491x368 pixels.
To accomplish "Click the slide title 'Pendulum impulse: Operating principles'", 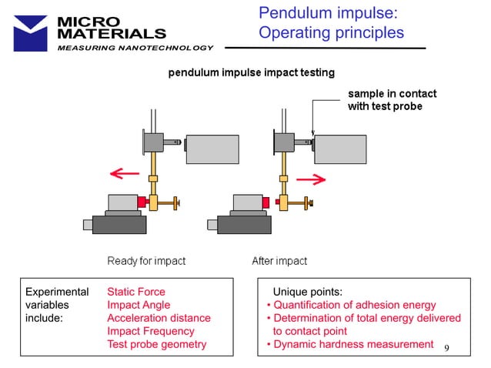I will click(x=331, y=23).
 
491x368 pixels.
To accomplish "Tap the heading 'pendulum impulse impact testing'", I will click(x=252, y=73).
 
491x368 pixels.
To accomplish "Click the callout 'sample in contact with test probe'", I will click(x=392, y=100).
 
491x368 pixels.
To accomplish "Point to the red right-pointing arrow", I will click(x=310, y=179).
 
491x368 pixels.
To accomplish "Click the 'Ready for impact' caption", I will click(x=146, y=261).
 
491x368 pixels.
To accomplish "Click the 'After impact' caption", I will click(x=279, y=261).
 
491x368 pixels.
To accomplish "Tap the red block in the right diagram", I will click(x=266, y=202).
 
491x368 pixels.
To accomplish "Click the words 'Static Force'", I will click(x=136, y=292).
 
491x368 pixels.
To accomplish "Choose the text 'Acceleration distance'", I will click(x=159, y=318).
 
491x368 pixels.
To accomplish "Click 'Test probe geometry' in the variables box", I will click(x=156, y=344).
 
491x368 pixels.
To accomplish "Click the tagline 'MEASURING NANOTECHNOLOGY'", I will click(x=135, y=49).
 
